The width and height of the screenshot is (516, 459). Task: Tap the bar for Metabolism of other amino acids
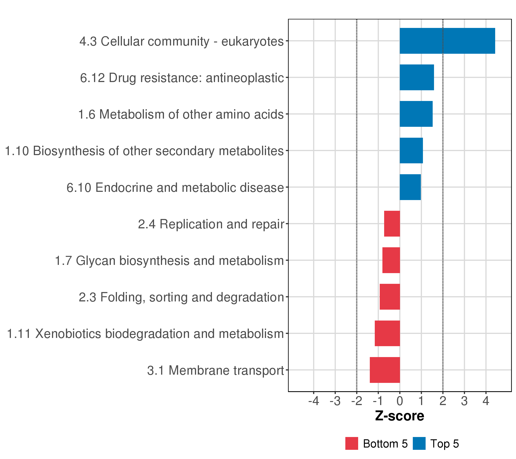416,114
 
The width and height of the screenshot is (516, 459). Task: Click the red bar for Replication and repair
392,224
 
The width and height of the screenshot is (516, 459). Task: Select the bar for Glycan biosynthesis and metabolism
391,260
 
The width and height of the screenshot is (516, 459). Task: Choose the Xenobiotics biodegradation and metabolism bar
387,334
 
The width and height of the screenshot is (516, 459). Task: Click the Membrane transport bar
385,370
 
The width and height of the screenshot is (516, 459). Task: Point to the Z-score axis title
400,416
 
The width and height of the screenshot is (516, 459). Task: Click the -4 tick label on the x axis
314,401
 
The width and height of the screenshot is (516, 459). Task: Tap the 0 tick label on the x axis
400,401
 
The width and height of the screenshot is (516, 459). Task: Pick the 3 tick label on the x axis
464,401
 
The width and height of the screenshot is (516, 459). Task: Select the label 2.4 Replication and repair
211,224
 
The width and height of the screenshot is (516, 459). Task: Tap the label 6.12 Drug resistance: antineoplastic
182,78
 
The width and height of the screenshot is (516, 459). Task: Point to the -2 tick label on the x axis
356,401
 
